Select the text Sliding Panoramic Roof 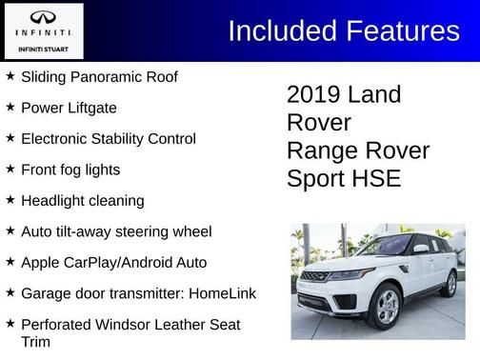pos(99,76)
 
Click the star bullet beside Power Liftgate pos(10,107)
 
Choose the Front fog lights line pos(70,170)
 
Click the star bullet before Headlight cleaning pos(10,200)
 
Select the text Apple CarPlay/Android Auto pos(113,262)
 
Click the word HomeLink pos(222,293)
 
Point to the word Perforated pos(59,324)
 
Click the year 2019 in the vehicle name pos(313,95)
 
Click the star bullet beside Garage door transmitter pos(10,292)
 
